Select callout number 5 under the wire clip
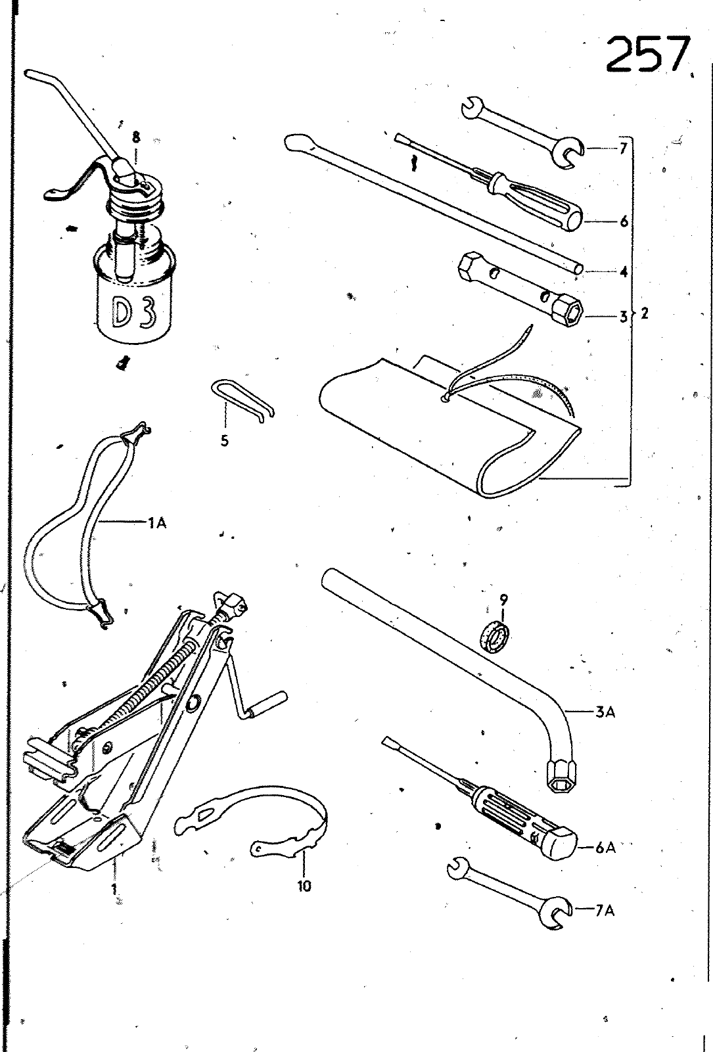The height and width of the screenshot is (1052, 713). click(x=225, y=441)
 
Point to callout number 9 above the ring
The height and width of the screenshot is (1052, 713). click(x=503, y=599)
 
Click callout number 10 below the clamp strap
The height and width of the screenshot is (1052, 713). click(x=304, y=886)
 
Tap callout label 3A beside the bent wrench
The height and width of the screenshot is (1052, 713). click(x=605, y=712)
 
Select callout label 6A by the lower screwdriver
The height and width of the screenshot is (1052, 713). click(x=605, y=848)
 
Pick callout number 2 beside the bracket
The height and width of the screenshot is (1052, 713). click(x=645, y=313)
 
